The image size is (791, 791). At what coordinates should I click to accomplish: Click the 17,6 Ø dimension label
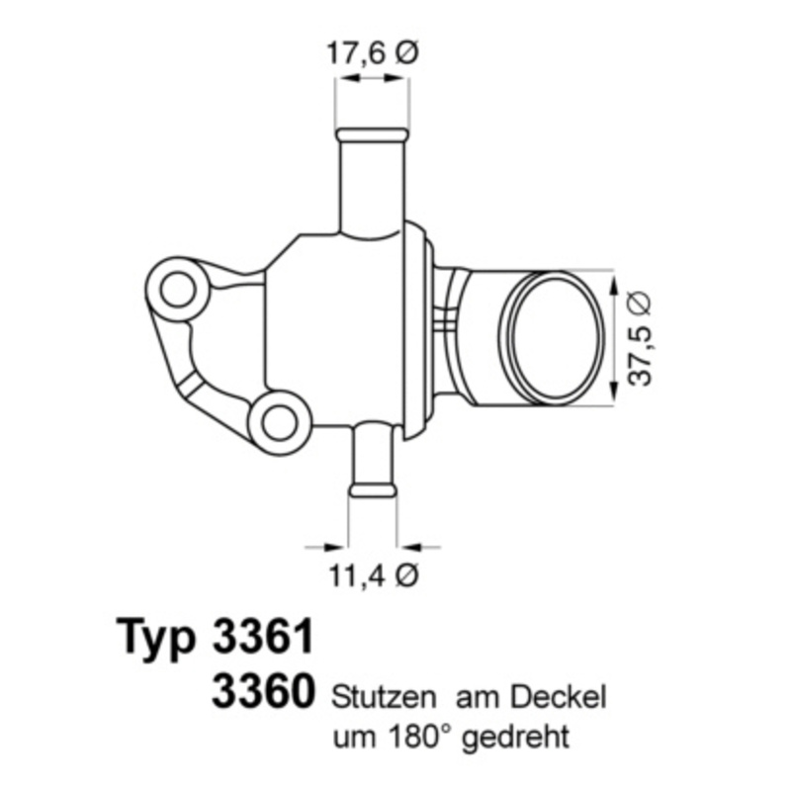pos(372,55)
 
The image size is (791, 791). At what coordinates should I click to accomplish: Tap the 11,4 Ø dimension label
pos(374,574)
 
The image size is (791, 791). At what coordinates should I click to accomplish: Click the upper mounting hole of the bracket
pos(178,291)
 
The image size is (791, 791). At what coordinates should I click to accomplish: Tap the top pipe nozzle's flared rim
pos(372,134)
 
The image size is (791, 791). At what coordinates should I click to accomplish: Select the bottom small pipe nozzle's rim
pos(373,488)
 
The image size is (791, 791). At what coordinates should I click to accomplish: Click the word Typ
pos(158,638)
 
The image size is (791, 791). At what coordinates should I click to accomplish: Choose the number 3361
pos(262,638)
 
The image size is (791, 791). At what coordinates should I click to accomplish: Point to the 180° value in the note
pos(422,737)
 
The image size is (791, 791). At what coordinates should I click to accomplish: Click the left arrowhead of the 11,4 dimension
pos(339,544)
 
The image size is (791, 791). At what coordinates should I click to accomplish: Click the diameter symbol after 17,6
pos(406,55)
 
